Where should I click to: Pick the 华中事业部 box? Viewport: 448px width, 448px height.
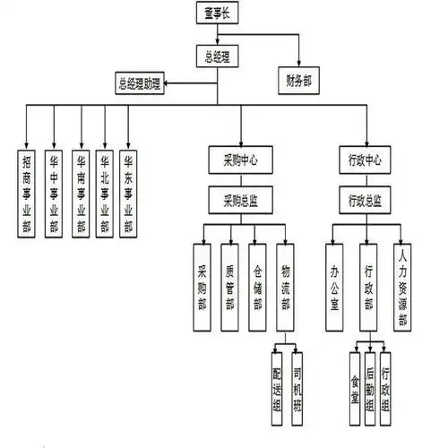tap(54, 193)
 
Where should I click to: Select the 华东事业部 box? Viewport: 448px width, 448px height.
tap(131, 193)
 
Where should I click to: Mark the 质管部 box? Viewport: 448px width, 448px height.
tap(230, 281)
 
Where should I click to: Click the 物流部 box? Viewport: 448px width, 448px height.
tap(286, 281)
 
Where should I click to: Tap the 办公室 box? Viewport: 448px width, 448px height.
tap(334, 281)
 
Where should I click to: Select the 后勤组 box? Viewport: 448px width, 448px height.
tap(371, 387)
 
